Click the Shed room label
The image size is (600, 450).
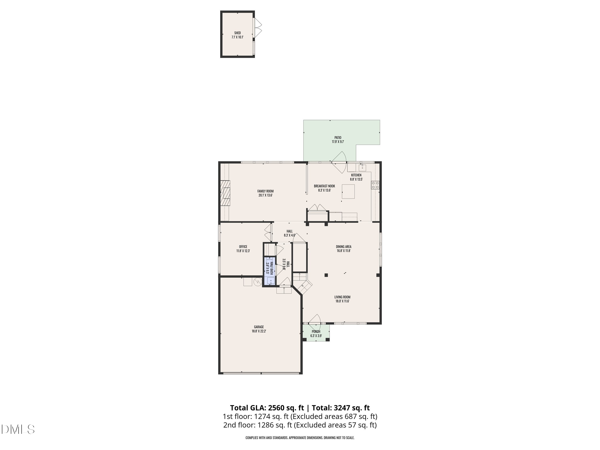(x=237, y=35)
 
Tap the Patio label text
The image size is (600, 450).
(x=338, y=139)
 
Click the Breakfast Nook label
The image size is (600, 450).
(x=324, y=188)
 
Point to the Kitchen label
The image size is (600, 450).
(x=356, y=177)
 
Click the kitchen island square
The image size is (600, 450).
(x=348, y=192)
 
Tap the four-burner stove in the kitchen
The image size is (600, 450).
(x=375, y=185)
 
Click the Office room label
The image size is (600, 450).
(x=243, y=249)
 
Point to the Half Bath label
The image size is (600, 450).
(x=269, y=267)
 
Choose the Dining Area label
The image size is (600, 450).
(x=344, y=249)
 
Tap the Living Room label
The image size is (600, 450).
(x=342, y=299)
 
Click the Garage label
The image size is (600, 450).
(x=259, y=329)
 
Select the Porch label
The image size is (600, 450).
(x=316, y=333)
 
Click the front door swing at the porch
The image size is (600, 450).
(x=315, y=319)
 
